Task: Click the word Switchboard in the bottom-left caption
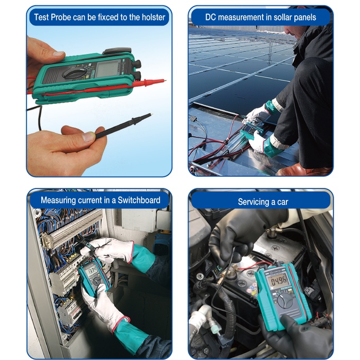click(x=139, y=200)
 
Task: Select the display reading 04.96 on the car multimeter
click(x=278, y=281)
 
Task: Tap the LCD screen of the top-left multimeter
click(x=107, y=68)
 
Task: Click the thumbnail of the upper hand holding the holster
click(x=58, y=54)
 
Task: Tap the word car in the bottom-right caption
click(x=282, y=202)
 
